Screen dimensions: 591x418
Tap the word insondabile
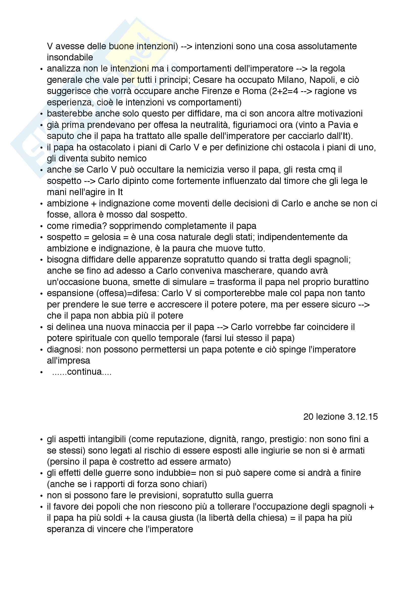70,57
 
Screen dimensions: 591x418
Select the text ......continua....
82,372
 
